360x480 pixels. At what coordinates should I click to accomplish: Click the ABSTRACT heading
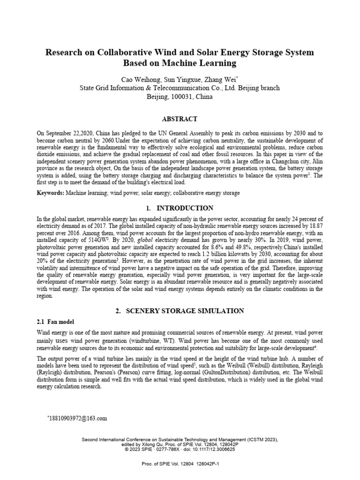pos(180,119)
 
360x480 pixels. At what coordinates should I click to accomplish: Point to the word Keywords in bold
pos(50,193)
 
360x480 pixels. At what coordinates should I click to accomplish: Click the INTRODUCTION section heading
pos(185,208)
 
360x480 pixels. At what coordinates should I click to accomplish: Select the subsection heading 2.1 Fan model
pos(55,322)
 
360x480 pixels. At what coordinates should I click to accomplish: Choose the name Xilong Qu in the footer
pos(147,444)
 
